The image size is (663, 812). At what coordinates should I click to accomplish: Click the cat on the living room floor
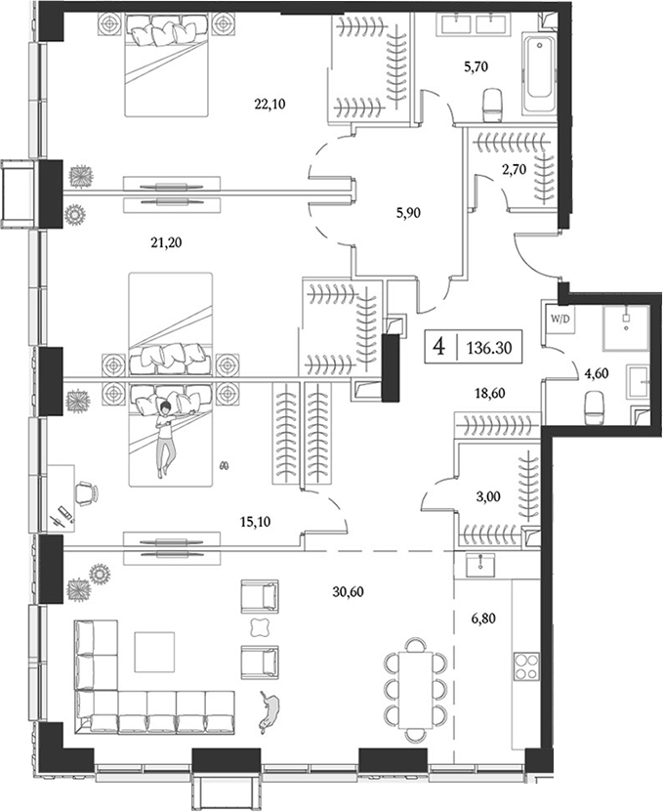tap(267, 708)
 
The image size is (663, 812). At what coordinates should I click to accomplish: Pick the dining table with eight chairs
tap(416, 684)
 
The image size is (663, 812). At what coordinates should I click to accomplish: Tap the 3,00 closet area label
tap(491, 494)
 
